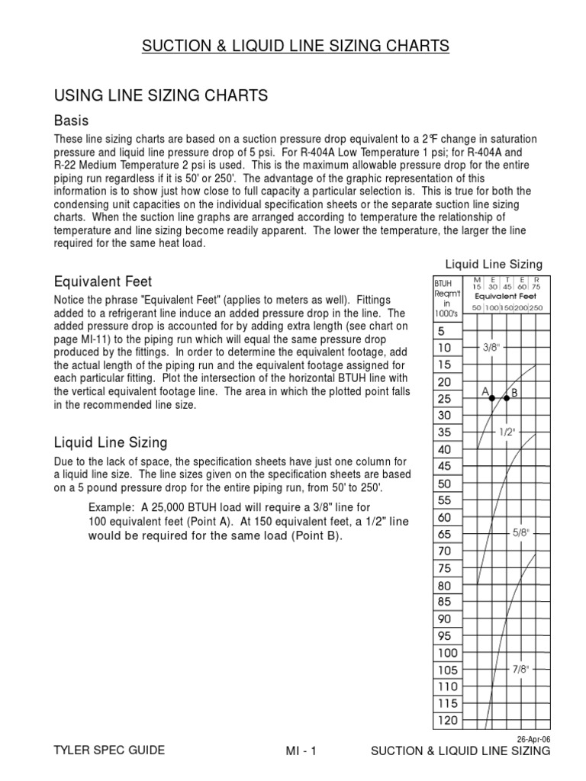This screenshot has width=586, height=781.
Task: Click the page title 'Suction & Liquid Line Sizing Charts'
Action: (x=295, y=47)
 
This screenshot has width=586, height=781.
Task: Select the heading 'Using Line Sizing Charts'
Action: (x=160, y=95)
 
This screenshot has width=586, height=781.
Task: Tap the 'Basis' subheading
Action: (x=71, y=121)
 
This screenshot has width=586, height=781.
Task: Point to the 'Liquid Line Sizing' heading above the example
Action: (x=111, y=442)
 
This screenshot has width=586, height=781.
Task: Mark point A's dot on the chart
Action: (x=492, y=399)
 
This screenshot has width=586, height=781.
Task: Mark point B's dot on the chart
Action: (x=507, y=399)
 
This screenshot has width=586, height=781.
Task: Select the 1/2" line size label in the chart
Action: (x=507, y=432)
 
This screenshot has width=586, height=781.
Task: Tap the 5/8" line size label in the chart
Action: (x=521, y=534)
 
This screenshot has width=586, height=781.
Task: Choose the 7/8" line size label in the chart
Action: (x=521, y=669)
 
